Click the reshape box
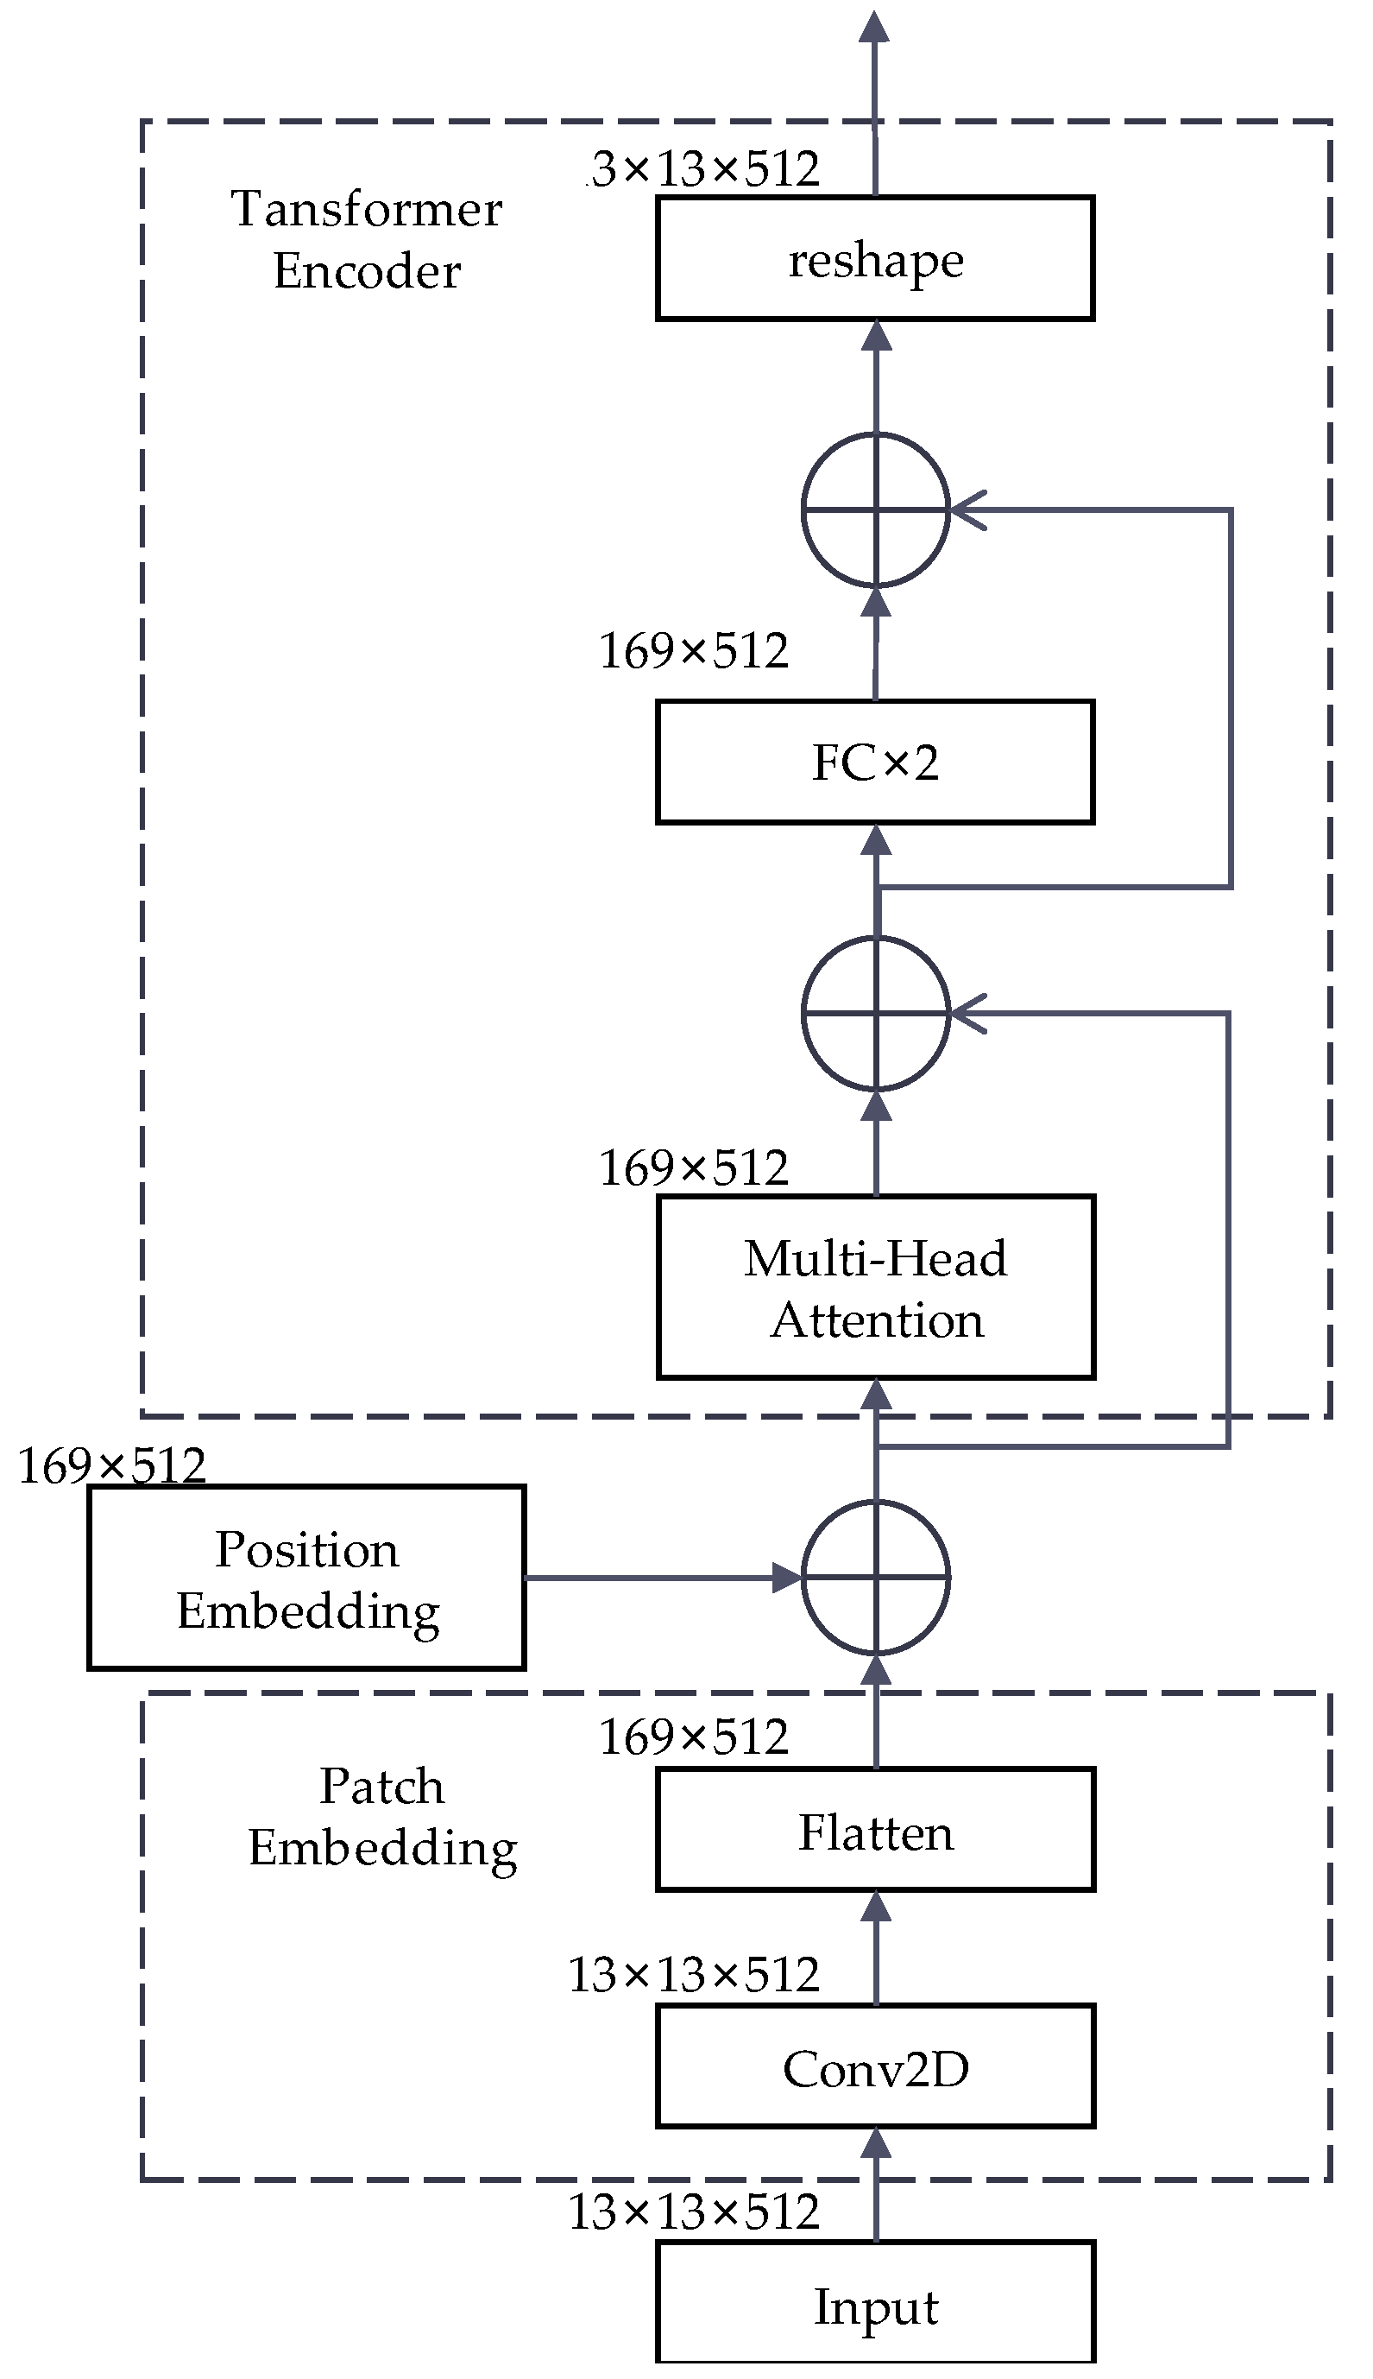click(874, 258)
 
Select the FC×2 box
click(874, 762)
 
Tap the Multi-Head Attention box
click(874, 1288)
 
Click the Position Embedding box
click(306, 1579)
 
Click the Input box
click(874, 2304)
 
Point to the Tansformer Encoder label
click(367, 239)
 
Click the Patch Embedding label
click(382, 1816)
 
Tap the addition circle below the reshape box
click(875, 510)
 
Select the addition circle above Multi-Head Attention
click(875, 1013)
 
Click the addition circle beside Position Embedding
click(875, 1577)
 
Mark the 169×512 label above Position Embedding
click(111, 1467)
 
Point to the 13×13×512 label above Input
click(694, 2213)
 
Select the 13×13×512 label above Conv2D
click(694, 1975)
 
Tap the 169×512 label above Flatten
click(694, 1737)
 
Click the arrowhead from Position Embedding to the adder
click(787, 1577)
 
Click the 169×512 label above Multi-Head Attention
click(694, 1168)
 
